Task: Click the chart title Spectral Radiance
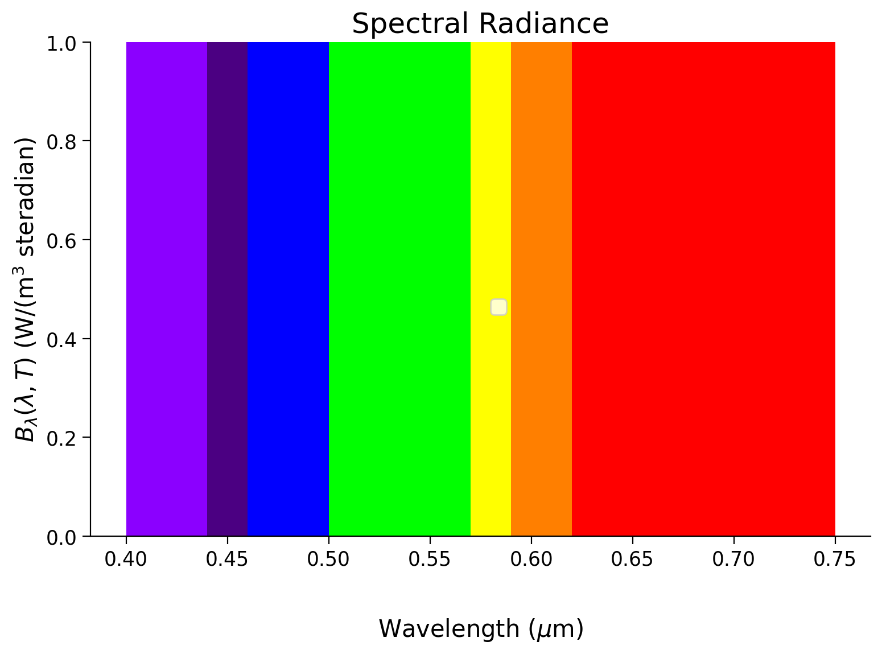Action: [480, 24]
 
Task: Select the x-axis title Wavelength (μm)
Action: [481, 629]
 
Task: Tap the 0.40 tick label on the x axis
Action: [126, 560]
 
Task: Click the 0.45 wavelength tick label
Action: [227, 560]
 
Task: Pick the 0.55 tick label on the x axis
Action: [430, 560]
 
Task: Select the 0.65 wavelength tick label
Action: [632, 560]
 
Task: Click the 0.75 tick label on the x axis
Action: [835, 560]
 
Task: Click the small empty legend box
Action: [498, 307]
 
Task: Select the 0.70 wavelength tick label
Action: [733, 560]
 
